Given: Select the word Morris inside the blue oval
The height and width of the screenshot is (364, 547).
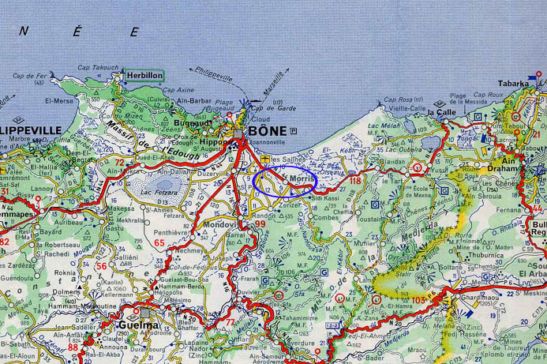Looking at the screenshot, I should tap(301, 180).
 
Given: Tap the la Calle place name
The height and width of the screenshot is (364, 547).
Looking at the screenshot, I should tap(442, 112).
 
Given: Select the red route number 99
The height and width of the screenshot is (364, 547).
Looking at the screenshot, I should tap(260, 225).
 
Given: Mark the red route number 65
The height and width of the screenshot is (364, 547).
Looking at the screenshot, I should tap(159, 244).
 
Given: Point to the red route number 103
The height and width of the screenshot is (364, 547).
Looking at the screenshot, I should tap(418, 301).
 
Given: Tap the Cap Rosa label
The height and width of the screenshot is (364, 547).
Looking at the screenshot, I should tap(398, 100).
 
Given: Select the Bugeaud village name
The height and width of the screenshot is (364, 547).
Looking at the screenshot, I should tap(193, 125).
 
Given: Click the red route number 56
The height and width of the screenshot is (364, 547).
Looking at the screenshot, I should tap(101, 266).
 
